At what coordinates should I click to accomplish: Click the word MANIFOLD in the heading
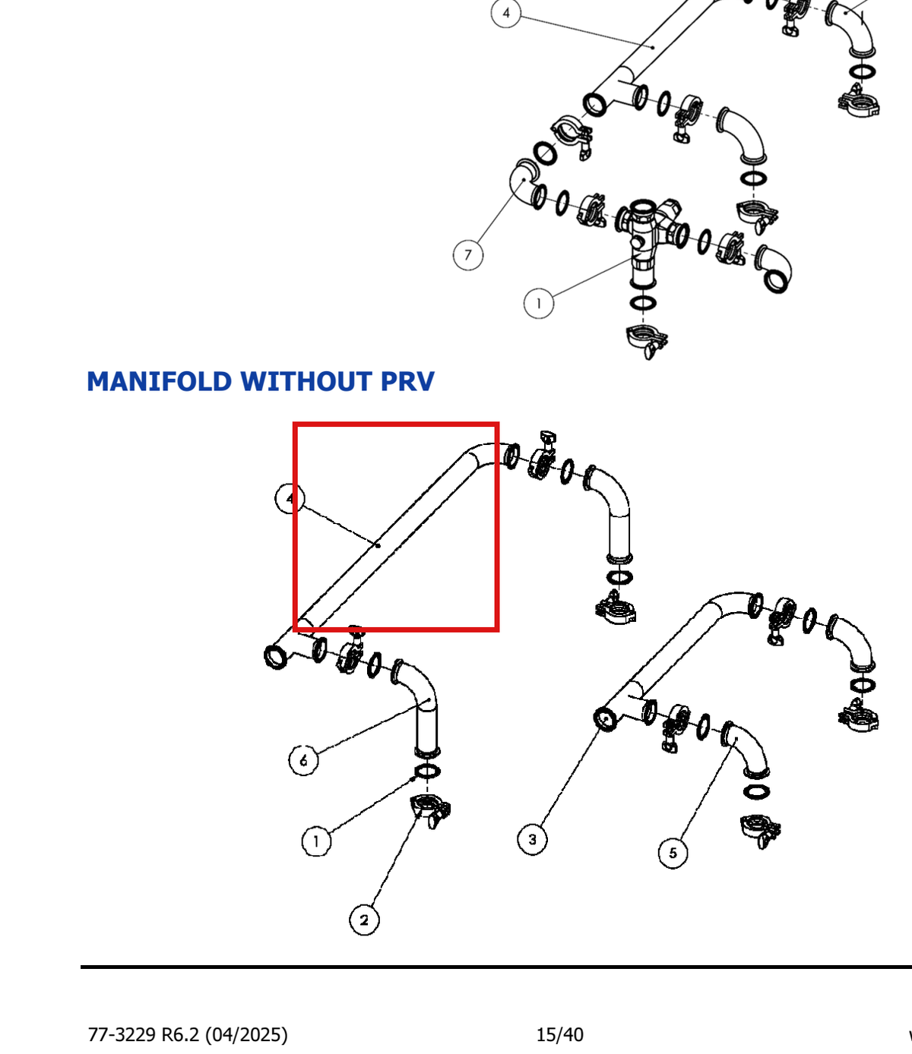click(160, 381)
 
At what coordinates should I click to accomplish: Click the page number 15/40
click(559, 1034)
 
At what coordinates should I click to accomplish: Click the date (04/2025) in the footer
click(246, 1034)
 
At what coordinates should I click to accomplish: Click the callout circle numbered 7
click(468, 255)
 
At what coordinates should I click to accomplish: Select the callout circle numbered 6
click(304, 760)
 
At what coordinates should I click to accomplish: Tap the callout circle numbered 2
click(364, 920)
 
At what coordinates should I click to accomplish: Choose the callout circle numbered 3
click(532, 839)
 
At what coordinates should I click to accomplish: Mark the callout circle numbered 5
click(673, 853)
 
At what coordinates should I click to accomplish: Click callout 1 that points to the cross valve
click(538, 304)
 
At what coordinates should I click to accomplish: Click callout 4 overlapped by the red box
click(290, 498)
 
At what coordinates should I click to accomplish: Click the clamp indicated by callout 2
click(430, 809)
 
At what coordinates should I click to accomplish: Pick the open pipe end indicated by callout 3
click(606, 720)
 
